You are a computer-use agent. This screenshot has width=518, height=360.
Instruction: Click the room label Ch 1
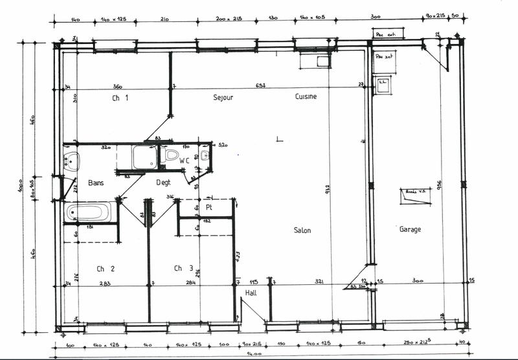tap(120, 98)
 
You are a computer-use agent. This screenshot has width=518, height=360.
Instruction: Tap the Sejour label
tap(223, 97)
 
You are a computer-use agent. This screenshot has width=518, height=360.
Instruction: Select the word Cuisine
tap(306, 96)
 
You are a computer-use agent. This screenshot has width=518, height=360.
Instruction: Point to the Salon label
tap(302, 231)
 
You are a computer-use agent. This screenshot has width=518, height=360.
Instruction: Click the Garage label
tap(410, 229)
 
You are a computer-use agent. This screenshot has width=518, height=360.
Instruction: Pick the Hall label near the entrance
tap(251, 293)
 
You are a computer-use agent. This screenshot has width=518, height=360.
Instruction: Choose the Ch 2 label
tap(106, 268)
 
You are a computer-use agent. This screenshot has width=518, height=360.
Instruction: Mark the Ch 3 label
tap(183, 268)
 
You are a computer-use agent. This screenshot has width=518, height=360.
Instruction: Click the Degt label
tap(164, 183)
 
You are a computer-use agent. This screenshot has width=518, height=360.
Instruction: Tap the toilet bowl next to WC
tap(172, 155)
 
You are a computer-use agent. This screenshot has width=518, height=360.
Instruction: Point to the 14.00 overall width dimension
tap(254, 354)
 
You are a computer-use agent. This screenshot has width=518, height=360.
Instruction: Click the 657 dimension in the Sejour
tap(260, 86)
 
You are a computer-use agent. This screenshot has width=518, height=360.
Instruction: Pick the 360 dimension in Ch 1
tap(118, 86)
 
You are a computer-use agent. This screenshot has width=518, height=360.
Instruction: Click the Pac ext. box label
tap(387, 32)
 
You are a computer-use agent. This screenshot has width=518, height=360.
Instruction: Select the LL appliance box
tap(383, 84)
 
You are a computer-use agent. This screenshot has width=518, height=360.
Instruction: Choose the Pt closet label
tap(209, 207)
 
